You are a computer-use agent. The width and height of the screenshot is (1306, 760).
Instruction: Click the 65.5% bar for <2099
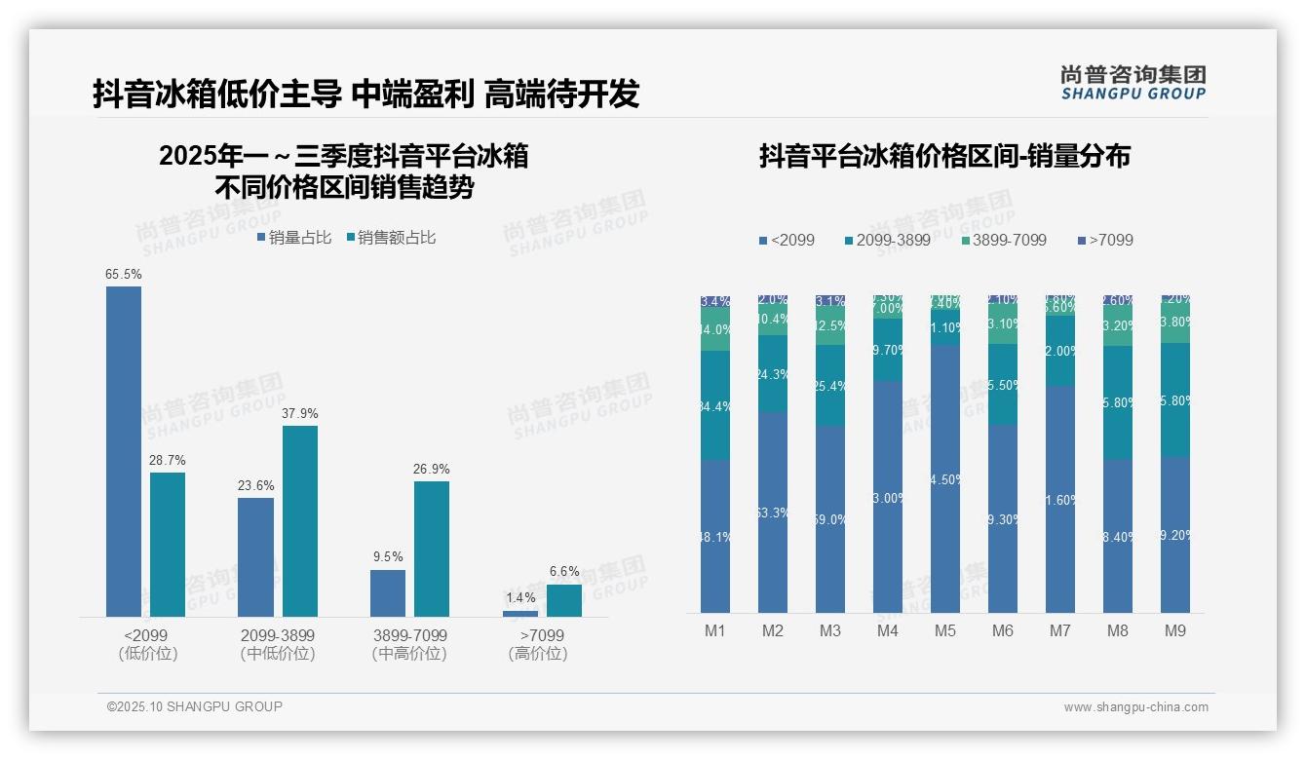coord(124,451)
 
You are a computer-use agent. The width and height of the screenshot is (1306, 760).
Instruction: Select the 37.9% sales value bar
coord(300,521)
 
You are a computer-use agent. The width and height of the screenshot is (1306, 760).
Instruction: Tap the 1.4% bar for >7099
coord(520,613)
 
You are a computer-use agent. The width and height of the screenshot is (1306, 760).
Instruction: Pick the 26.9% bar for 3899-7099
coord(432,549)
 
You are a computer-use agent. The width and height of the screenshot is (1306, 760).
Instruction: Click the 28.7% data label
coord(168,460)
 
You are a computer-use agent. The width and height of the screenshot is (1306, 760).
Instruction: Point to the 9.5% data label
coord(388,557)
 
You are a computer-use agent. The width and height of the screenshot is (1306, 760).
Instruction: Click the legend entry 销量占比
coord(294,238)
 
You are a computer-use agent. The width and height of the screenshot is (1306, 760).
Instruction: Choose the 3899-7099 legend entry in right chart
coord(1003,240)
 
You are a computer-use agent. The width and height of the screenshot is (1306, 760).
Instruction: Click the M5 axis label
coord(944,631)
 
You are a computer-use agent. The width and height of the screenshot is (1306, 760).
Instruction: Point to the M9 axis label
coord(1175,631)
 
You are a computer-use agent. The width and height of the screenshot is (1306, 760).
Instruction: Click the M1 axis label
coord(715,631)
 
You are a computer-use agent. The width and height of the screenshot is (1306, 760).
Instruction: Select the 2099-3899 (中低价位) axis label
coord(278,644)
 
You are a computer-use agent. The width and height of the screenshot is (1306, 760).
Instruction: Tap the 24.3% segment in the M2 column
coord(773,373)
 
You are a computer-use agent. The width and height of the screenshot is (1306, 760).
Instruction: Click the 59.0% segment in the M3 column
coord(830,519)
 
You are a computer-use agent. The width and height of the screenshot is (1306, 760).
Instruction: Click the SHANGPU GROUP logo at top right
coord(1133,83)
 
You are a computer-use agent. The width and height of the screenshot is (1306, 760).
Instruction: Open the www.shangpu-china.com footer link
coord(1135,707)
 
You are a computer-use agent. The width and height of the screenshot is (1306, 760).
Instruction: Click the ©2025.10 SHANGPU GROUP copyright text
coord(195,706)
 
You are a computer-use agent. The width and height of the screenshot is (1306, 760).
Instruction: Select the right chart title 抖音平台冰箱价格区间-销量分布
coord(944,157)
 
